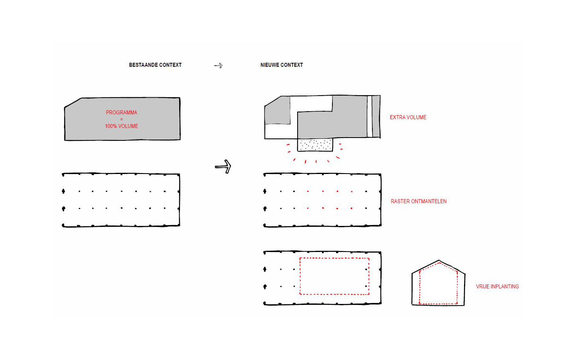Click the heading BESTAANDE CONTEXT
pos(155,65)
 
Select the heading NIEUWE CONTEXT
pos(282,65)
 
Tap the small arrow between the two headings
pos(218,66)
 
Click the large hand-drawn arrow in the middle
pos(223,167)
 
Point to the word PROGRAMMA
pos(122,113)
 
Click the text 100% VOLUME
pos(122,126)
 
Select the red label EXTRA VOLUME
pos(408,118)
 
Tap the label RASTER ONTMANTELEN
pos(419,201)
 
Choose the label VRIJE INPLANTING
pos(497,286)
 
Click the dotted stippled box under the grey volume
pos(315,145)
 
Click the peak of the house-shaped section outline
pos(439,260)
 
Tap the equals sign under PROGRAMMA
pos(122,119)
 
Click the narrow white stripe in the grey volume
pos(370,116)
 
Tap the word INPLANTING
pos(505,286)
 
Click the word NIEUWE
pos(269,65)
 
